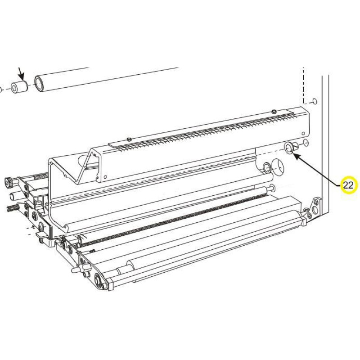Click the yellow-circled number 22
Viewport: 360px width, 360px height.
coord(348,185)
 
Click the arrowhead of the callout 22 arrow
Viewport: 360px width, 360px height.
coord(296,155)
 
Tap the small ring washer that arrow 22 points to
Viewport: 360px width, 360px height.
coord(289,148)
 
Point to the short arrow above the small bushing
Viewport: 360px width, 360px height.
coord(21,73)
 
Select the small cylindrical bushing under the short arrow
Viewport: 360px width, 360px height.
coord(19,86)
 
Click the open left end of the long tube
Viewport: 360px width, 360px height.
coord(40,83)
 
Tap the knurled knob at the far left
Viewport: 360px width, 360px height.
coord(9,182)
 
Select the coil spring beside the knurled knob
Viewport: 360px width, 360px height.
coord(40,177)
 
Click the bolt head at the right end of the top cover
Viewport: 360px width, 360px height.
coord(274,111)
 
